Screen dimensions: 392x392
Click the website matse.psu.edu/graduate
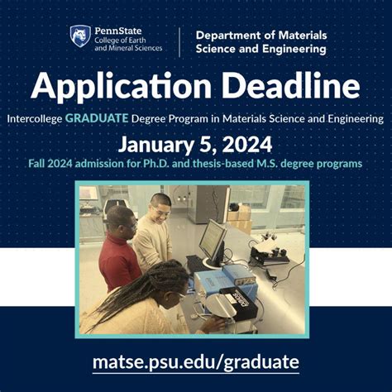[195, 361]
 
